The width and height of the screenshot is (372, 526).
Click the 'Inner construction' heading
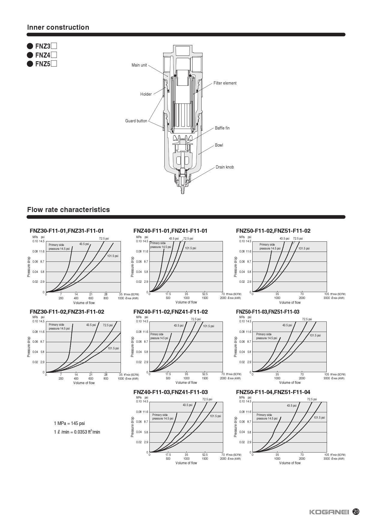click(x=58, y=27)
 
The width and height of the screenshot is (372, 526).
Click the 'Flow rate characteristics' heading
click(x=68, y=210)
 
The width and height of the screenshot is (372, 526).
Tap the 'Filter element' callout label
click(x=225, y=83)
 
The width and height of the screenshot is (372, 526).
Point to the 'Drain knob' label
click(x=224, y=167)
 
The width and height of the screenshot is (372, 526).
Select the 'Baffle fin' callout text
click(x=222, y=128)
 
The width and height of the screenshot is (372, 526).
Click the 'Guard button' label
click(x=136, y=121)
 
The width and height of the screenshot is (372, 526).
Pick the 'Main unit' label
click(x=139, y=65)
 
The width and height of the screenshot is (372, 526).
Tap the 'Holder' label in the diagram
click(x=146, y=94)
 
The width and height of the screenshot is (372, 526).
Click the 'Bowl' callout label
click(x=219, y=145)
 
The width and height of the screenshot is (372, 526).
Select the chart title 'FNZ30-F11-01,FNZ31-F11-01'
click(x=67, y=231)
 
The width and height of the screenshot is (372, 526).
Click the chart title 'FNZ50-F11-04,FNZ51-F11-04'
click(x=273, y=392)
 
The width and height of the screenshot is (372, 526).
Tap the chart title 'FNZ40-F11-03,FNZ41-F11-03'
click(x=170, y=392)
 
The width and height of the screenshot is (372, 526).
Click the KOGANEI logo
click(x=329, y=512)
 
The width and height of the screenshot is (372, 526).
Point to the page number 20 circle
click(x=356, y=512)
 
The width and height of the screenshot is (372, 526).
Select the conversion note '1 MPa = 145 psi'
click(x=69, y=423)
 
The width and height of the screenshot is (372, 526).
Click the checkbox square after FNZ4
click(x=54, y=55)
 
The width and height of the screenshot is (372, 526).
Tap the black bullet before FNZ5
click(x=30, y=64)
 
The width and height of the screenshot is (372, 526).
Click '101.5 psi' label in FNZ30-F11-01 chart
click(x=113, y=256)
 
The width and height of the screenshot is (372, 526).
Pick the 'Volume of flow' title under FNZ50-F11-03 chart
click(x=290, y=383)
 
